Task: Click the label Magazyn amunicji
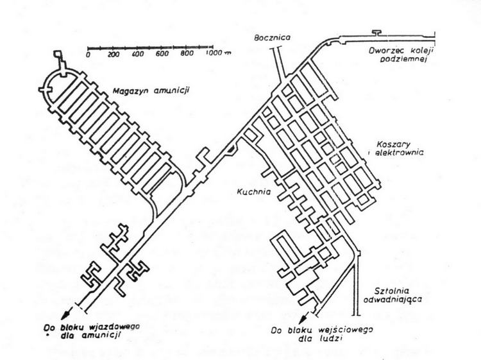click(x=151, y=91)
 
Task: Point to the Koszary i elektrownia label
click(x=399, y=148)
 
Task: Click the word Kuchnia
click(x=254, y=191)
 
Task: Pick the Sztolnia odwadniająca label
click(x=392, y=295)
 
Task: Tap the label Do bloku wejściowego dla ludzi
click(x=321, y=334)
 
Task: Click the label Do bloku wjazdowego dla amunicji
click(x=91, y=331)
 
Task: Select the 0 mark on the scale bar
click(x=88, y=55)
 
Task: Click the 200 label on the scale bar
click(x=113, y=55)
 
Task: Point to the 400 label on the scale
click(x=138, y=54)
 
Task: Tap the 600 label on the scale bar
click(x=162, y=54)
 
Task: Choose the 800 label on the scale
click(x=187, y=53)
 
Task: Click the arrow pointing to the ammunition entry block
click(x=67, y=313)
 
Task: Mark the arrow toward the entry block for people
click(x=305, y=318)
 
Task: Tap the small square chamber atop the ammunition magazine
click(x=58, y=54)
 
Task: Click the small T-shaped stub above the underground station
click(x=376, y=33)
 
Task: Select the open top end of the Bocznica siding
click(x=275, y=48)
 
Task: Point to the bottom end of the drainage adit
click(x=357, y=315)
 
